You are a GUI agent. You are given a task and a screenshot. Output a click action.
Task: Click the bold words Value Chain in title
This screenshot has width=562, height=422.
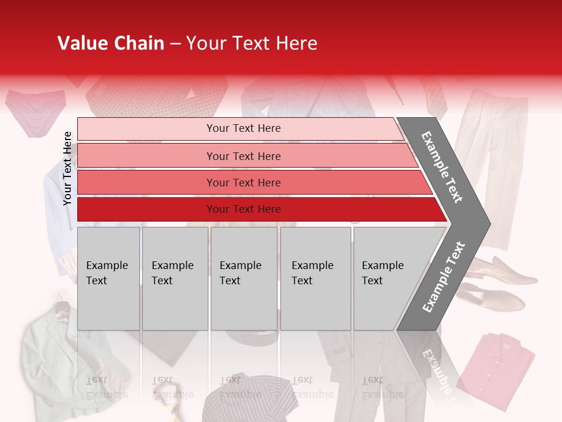[111, 43]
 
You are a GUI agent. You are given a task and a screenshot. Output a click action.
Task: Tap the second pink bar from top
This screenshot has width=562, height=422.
[244, 156]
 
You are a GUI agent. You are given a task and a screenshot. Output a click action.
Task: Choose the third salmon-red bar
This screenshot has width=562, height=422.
[244, 182]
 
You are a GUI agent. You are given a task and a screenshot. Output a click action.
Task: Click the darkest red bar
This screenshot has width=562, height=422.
[244, 209]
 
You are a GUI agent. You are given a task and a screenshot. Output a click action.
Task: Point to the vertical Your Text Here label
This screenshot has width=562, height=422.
[67, 168]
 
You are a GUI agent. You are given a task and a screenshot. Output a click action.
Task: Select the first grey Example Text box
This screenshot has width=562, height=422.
[108, 278]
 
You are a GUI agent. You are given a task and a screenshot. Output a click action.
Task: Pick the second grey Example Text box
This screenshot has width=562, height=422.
[174, 278]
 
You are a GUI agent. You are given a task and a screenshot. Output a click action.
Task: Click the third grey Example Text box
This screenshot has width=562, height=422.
[244, 278]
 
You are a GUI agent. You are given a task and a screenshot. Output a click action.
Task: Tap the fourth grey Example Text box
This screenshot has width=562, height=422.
[315, 278]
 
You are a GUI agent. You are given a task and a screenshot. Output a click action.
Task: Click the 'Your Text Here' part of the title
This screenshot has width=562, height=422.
[252, 43]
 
